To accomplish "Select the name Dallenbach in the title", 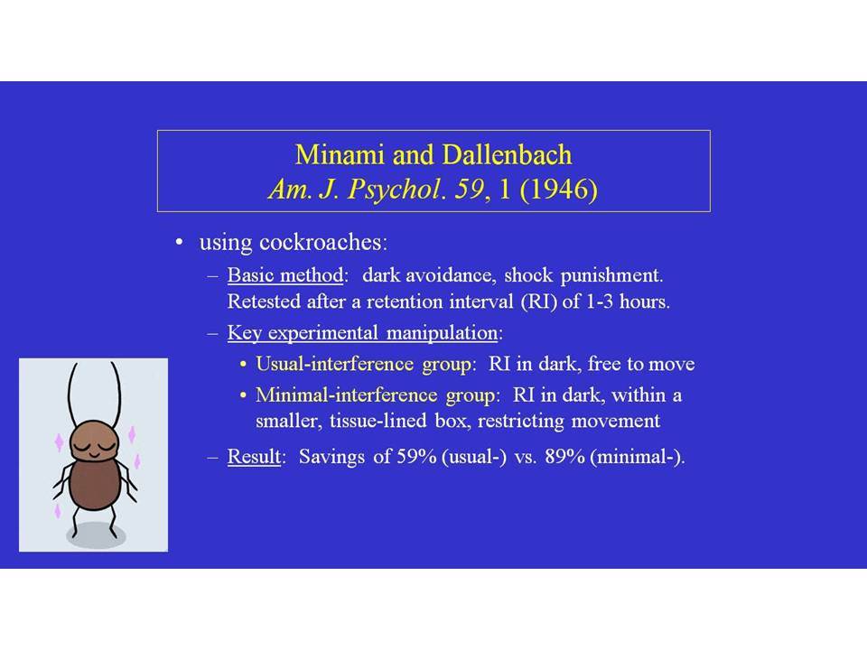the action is coord(508,154).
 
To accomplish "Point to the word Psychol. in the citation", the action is coord(396,190).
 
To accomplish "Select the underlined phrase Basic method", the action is coord(285,275).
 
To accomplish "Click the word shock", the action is coord(528,274).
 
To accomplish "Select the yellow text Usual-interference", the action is coord(334,364).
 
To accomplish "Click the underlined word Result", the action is coord(254,457).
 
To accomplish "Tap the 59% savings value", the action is coord(417,457).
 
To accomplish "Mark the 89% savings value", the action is coord(564,457).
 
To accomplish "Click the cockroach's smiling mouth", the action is coord(94,455).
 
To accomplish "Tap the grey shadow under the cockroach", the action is coord(97,535).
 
